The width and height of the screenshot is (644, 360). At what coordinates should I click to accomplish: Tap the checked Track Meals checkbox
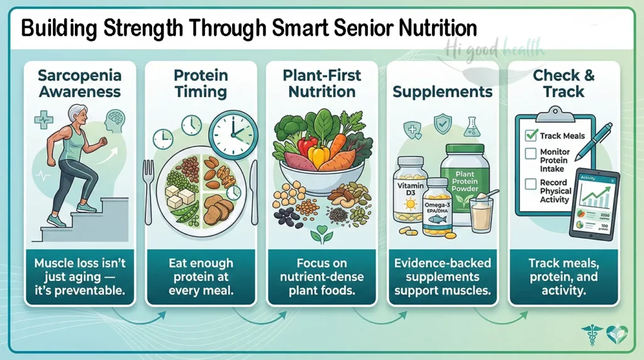tap(530, 135)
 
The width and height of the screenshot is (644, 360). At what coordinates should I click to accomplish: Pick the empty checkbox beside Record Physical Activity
tap(530, 184)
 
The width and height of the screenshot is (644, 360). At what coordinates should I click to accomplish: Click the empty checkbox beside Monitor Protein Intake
tap(530, 153)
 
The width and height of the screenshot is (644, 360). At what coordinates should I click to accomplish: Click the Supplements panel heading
tap(442, 92)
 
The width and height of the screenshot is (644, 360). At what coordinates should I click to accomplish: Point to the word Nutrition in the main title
tap(435, 29)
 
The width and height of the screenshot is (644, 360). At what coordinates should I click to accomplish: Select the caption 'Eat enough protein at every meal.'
tap(201, 277)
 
